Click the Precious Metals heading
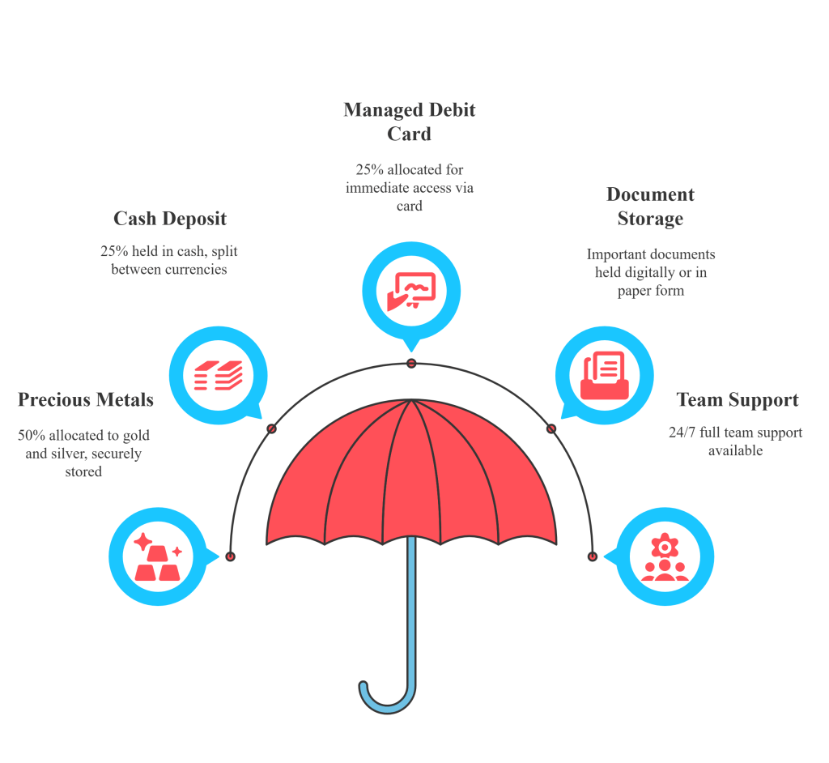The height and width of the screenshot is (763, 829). click(86, 399)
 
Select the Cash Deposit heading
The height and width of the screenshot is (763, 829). click(170, 219)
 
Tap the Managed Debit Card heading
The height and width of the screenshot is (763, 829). click(410, 121)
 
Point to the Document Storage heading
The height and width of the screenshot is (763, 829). click(650, 207)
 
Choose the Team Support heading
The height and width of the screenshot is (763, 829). click(738, 399)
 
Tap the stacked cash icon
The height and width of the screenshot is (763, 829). click(218, 375)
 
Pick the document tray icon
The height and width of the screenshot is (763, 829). click(604, 375)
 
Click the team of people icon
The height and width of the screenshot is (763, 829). click(664, 557)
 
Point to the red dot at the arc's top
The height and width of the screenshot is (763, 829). click(411, 363)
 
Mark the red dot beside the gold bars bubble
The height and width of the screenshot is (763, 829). click(231, 556)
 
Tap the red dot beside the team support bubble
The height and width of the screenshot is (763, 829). click(592, 556)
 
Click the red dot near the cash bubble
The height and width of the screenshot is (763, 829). click(272, 428)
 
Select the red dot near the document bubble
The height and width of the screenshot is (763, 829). click(551, 428)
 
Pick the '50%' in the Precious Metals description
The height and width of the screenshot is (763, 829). click(32, 436)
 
